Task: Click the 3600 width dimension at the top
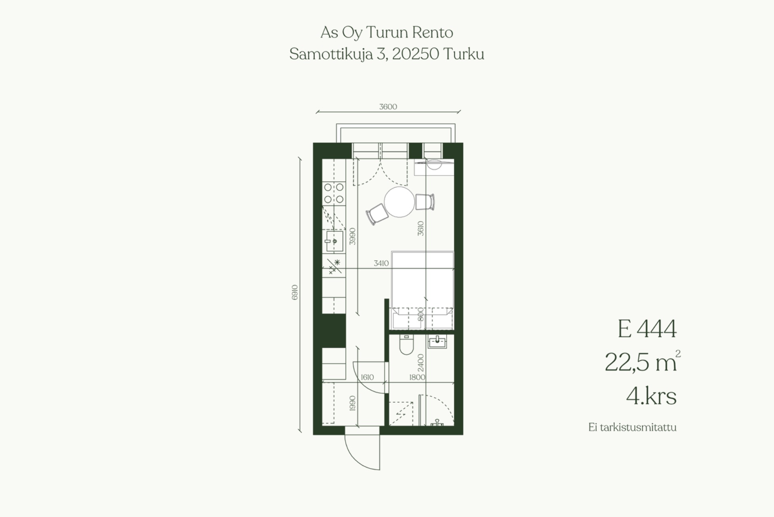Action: (x=388, y=107)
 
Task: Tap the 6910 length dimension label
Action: (x=295, y=292)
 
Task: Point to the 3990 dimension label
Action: (x=353, y=236)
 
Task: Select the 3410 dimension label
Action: (x=381, y=263)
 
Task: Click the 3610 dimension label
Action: (x=420, y=228)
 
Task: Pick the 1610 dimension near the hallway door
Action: (x=367, y=377)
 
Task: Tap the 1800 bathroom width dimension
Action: (x=417, y=377)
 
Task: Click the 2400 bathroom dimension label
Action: (x=421, y=363)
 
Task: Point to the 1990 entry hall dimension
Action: (x=353, y=403)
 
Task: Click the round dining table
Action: (x=399, y=202)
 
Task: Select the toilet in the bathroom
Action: (x=406, y=344)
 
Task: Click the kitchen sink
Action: (x=334, y=241)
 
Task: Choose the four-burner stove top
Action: (x=334, y=193)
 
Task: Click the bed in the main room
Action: (x=422, y=290)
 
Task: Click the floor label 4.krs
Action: (x=651, y=396)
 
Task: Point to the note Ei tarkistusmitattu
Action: (x=632, y=427)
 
